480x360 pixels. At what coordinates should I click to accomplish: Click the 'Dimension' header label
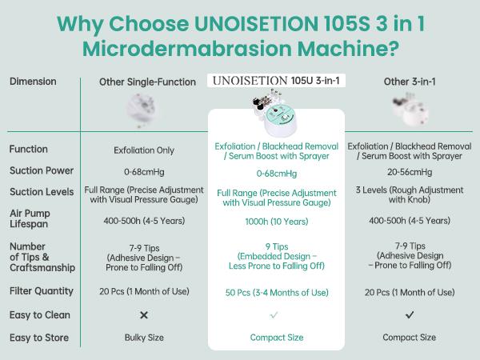[x=33, y=82]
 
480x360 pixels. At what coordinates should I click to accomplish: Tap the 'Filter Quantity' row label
[x=42, y=291]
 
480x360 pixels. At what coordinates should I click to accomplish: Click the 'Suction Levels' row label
[x=42, y=192]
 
